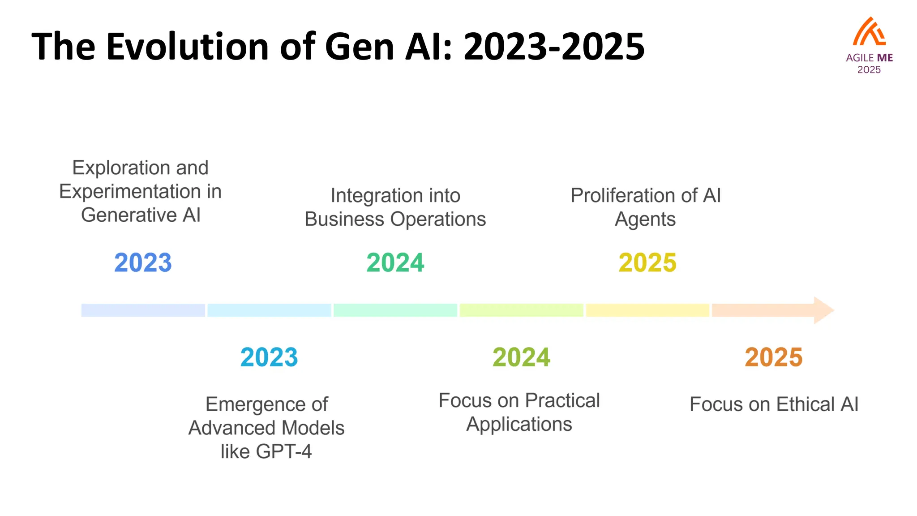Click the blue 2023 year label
(143, 262)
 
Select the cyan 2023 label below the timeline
(269, 357)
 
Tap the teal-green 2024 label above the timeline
(395, 262)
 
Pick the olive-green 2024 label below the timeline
(521, 357)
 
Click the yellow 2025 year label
(647, 262)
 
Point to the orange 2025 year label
(774, 357)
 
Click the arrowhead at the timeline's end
(823, 310)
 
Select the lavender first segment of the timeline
(143, 310)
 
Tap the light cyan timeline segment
(269, 310)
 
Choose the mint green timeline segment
(395, 310)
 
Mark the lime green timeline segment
(521, 310)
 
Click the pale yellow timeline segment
(647, 310)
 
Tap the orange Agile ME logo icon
(869, 32)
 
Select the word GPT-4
(283, 451)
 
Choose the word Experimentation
(130, 192)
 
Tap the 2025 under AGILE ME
(869, 70)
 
